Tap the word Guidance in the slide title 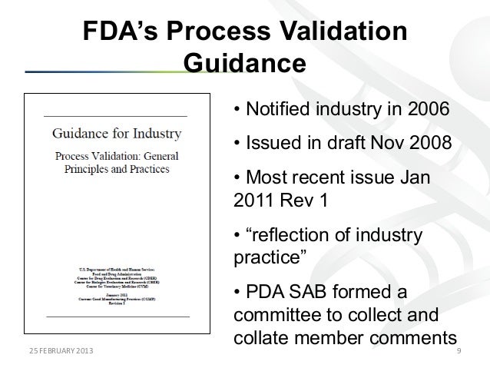245,61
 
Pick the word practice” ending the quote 269,259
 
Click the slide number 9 459,351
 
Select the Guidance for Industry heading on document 116,133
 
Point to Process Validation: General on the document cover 116,157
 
